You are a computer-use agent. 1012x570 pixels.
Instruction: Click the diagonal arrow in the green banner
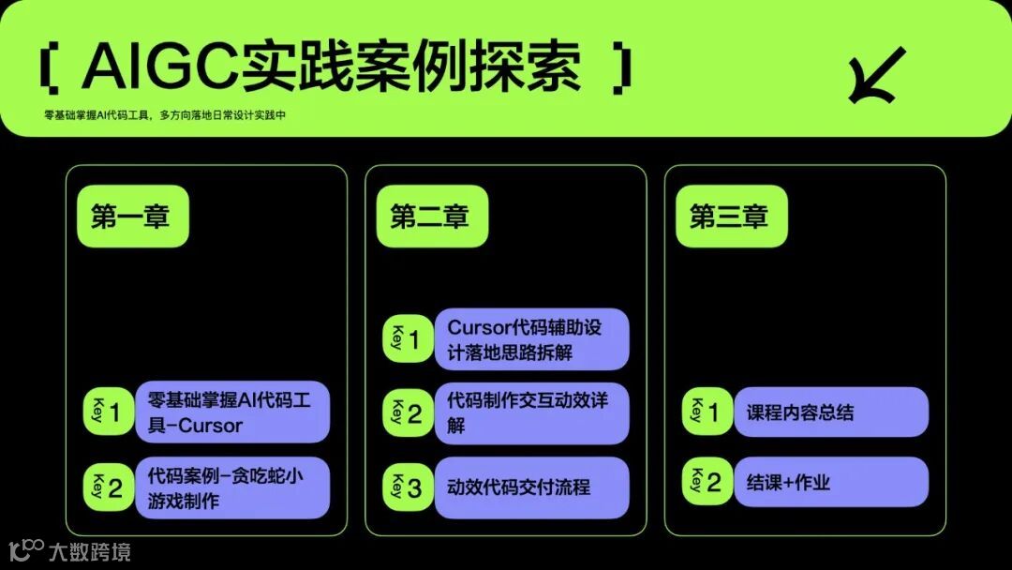click(x=876, y=75)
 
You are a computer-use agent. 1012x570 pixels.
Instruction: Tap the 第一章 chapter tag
click(x=131, y=217)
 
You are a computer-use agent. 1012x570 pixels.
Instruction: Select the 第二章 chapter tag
click(x=430, y=217)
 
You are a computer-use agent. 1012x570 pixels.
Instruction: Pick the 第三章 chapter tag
click(x=730, y=217)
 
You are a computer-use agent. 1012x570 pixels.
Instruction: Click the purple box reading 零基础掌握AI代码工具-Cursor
click(x=232, y=412)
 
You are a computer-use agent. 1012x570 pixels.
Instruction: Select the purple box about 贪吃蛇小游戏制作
click(x=232, y=488)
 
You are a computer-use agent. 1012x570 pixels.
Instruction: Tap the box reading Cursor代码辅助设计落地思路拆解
click(x=531, y=339)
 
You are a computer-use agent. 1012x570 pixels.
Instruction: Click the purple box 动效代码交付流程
click(x=531, y=488)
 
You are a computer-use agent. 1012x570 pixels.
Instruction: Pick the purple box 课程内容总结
click(x=830, y=412)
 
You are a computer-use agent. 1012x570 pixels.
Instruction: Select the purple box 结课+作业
click(x=830, y=483)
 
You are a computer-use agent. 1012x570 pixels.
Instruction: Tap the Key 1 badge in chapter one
click(x=108, y=412)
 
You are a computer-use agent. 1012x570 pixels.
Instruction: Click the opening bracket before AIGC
click(x=52, y=67)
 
